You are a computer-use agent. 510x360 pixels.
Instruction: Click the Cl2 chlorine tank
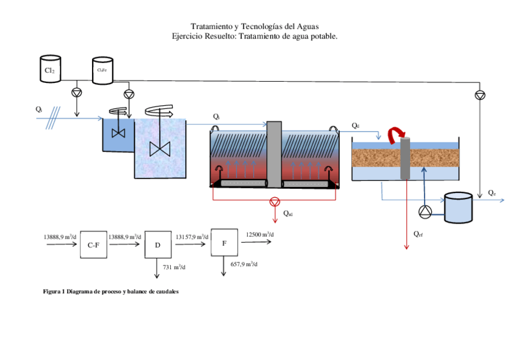tap(50, 69)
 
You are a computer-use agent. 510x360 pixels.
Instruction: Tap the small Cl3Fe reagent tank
tap(102, 69)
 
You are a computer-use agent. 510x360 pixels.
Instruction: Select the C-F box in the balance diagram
tap(93, 245)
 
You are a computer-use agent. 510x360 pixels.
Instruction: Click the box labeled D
tap(158, 245)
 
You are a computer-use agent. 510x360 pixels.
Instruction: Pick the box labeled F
tap(224, 242)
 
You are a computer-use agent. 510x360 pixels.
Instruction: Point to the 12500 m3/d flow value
tap(260, 234)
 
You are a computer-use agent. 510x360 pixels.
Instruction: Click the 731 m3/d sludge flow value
tap(175, 266)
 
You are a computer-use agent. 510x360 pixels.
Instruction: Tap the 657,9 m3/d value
tap(244, 264)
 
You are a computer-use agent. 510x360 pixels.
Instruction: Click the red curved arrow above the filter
tap(396, 135)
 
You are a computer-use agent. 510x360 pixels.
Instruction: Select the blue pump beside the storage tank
tap(426, 211)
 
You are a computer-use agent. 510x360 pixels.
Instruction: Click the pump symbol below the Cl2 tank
tap(76, 92)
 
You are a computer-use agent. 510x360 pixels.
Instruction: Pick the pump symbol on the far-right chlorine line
tap(479, 95)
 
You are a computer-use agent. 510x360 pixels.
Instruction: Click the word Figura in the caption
tap(52, 291)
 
